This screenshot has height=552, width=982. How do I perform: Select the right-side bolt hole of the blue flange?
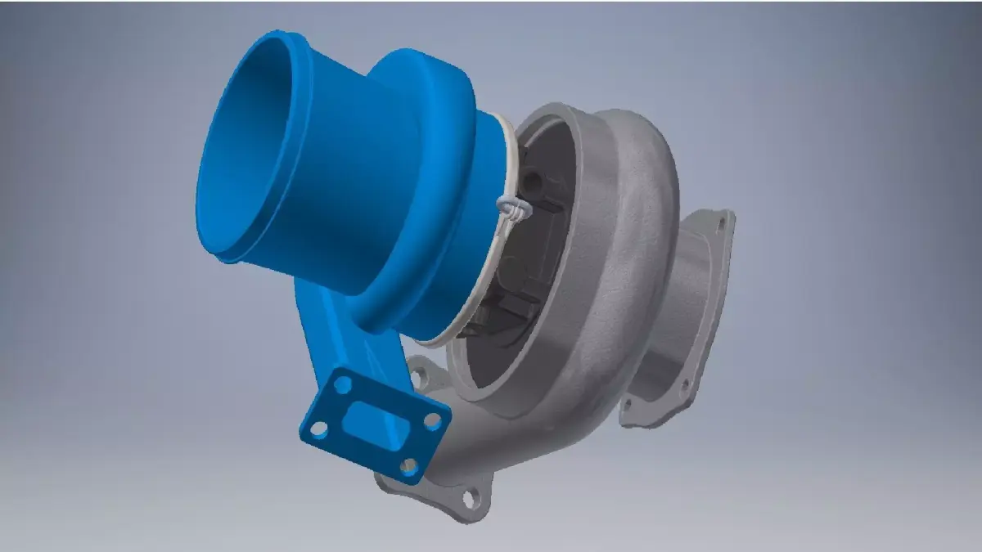tap(434, 420)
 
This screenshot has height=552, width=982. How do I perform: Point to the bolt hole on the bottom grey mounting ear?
tap(470, 497)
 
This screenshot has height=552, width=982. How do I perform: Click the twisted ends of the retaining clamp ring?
tap(510, 208)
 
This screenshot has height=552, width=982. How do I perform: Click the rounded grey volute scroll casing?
tap(630, 245)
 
